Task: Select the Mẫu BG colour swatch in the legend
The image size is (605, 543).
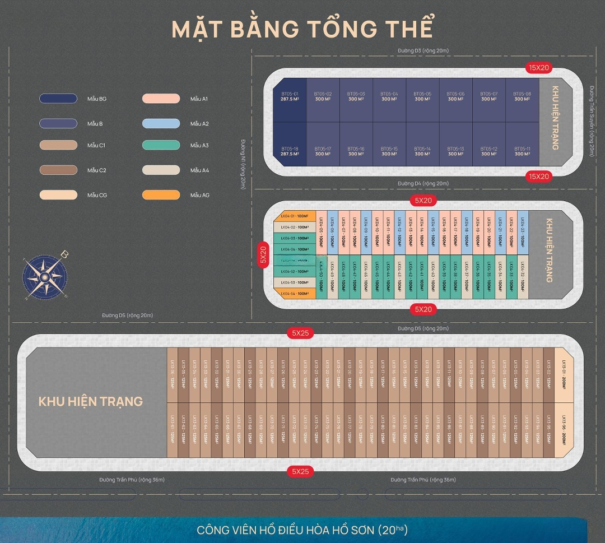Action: (x=58, y=99)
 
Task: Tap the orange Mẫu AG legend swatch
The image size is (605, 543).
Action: (x=161, y=195)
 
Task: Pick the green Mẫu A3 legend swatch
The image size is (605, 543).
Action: (x=161, y=145)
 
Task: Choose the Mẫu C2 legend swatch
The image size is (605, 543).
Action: (x=58, y=170)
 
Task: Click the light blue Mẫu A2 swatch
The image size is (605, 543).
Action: (x=161, y=123)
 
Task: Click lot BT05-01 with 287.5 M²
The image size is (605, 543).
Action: (x=289, y=99)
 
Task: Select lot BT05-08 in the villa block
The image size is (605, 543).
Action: (x=522, y=99)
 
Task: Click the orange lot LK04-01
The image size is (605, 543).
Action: (x=295, y=216)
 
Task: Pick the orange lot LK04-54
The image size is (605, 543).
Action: (x=295, y=294)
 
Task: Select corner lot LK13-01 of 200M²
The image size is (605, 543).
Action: (x=564, y=374)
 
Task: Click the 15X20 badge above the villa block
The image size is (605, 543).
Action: (x=539, y=67)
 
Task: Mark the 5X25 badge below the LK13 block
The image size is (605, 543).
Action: (x=300, y=471)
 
